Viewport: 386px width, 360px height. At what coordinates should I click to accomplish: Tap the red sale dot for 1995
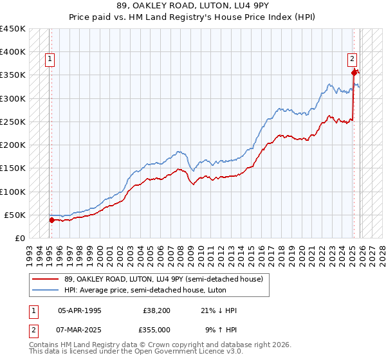click(51, 220)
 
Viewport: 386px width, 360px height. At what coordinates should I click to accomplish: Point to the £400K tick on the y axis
click(13, 52)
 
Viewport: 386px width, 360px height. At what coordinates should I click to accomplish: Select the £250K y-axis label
click(13, 122)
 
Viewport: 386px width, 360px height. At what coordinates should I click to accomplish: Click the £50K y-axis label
click(15, 215)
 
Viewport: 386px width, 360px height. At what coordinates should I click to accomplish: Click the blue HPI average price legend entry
click(145, 291)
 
